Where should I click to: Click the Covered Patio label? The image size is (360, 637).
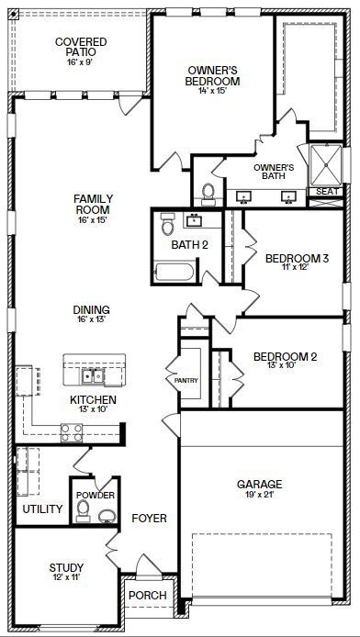(80, 48)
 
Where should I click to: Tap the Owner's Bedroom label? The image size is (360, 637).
(213, 75)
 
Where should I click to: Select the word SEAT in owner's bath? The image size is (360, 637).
(325, 191)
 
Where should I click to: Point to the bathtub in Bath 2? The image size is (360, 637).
(174, 272)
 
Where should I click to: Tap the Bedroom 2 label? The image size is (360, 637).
(285, 356)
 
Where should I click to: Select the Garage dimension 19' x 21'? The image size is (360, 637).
(259, 496)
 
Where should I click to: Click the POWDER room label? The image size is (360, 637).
(96, 496)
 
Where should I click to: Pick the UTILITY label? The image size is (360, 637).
(42, 509)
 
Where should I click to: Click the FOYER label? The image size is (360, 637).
(149, 519)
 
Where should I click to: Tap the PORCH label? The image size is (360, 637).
(147, 596)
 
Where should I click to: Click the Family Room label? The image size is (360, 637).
(93, 204)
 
